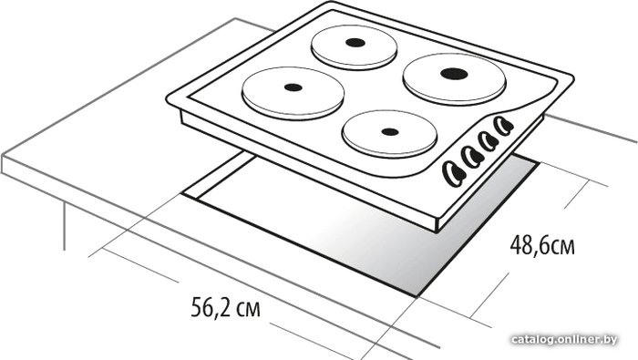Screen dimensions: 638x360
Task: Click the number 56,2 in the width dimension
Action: (x=209, y=308)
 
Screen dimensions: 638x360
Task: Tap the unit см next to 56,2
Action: (x=248, y=310)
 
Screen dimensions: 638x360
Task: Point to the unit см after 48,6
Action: (x=561, y=247)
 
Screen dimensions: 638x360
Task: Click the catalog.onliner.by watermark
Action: (x=564, y=339)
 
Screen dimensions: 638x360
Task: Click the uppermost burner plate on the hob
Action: (x=354, y=47)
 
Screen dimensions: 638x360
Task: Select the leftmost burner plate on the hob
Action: (x=293, y=93)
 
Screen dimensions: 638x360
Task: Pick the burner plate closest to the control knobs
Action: (x=389, y=134)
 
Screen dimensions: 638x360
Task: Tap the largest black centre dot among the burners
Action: (x=454, y=74)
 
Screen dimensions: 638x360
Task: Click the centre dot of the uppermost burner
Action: (x=355, y=42)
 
